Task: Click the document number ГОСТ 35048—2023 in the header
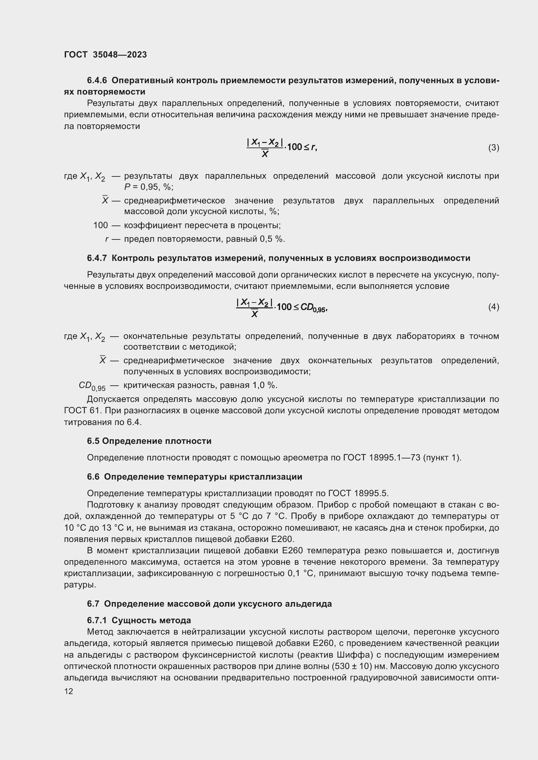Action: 105,55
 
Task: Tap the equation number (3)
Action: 493,148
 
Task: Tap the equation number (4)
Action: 493,307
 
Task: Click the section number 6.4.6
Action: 97,81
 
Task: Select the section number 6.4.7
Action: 97,258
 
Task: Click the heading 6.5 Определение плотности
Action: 149,441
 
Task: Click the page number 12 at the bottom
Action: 69,691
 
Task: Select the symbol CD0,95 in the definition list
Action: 92,386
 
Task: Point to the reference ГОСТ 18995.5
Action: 358,493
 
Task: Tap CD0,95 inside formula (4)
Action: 313,307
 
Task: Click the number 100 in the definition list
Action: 101,225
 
